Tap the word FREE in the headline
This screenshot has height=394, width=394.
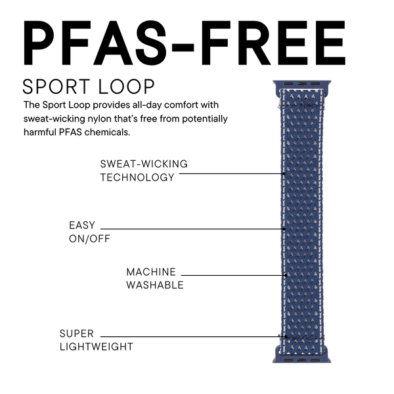pyautogui.click(x=273, y=43)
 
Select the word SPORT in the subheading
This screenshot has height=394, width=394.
pyautogui.click(x=56, y=87)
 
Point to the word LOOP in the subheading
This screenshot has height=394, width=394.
pyautogui.click(x=126, y=87)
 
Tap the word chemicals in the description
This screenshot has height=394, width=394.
pyautogui.click(x=107, y=132)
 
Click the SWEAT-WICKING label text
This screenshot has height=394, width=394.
pyautogui.click(x=144, y=164)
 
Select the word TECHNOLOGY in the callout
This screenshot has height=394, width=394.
pyautogui.click(x=137, y=177)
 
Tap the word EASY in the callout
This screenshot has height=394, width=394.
pyautogui.click(x=82, y=225)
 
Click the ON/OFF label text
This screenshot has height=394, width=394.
pyautogui.click(x=89, y=239)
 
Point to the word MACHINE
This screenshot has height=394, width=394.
pyautogui.click(x=151, y=272)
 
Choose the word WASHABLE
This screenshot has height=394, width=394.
pyautogui.click(x=155, y=285)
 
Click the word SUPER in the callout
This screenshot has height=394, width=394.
pyautogui.click(x=77, y=334)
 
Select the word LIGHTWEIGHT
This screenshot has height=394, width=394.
pyautogui.click(x=97, y=347)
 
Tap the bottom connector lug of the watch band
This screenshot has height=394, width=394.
pyautogui.click(x=302, y=357)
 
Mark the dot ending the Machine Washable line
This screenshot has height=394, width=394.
pyautogui.click(x=286, y=275)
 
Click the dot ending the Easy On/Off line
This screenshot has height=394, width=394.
pyautogui.click(x=284, y=229)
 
